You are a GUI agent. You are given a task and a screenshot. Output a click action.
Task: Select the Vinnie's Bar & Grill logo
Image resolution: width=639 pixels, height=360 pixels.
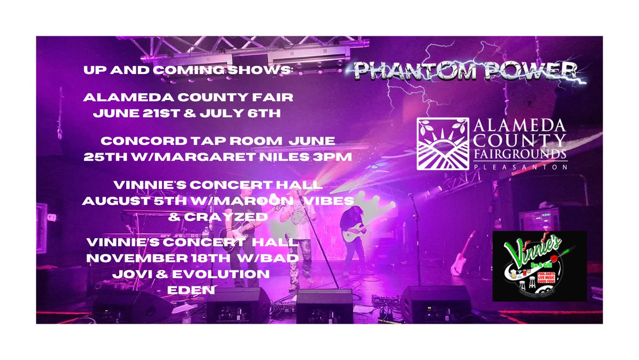pyautogui.click(x=539, y=266)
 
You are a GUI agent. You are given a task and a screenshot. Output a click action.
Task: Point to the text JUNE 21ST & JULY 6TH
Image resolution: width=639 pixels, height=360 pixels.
pyautogui.click(x=195, y=113)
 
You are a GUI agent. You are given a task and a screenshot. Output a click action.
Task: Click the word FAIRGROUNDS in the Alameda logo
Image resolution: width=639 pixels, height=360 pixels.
pyautogui.click(x=513, y=153)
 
